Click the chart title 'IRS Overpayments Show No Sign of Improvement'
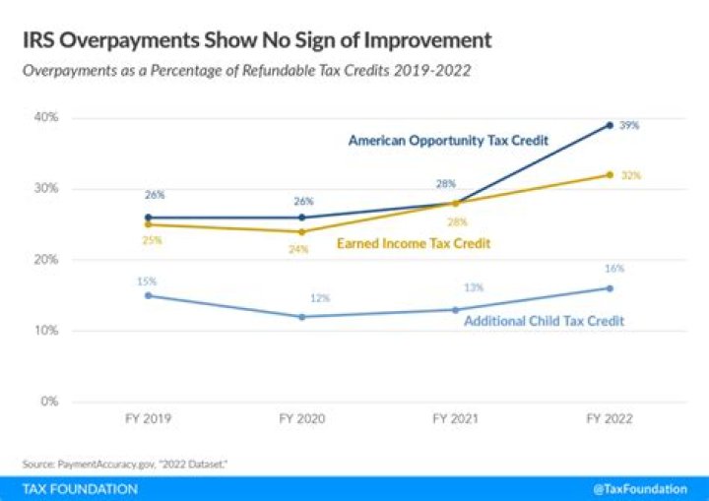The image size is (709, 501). pyautogui.click(x=257, y=41)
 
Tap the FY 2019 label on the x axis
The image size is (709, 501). pyautogui.click(x=148, y=418)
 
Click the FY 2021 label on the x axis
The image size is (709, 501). pyautogui.click(x=456, y=418)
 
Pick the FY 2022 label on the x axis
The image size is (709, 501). pyautogui.click(x=610, y=418)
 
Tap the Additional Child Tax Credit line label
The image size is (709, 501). pyautogui.click(x=544, y=321)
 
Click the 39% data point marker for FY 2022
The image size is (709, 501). pyautogui.click(x=610, y=125)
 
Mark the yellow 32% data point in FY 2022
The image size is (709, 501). pyautogui.click(x=610, y=174)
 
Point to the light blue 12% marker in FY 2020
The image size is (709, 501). pyautogui.click(x=301, y=317)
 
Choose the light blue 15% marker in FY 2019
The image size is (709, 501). pyautogui.click(x=148, y=295)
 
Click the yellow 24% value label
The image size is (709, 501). pyautogui.click(x=298, y=249)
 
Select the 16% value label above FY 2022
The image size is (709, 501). pyautogui.click(x=614, y=268)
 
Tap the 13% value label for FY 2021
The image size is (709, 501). pyautogui.click(x=460, y=287)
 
